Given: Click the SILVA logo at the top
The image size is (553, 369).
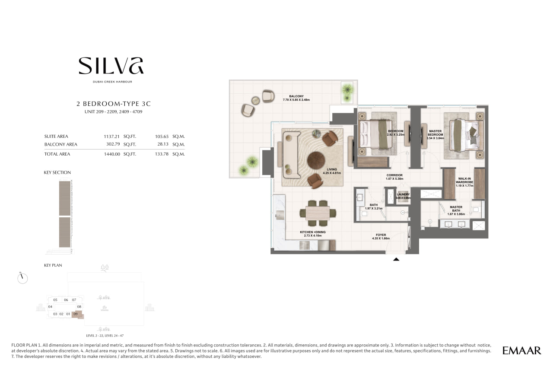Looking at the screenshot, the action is click(x=111, y=66).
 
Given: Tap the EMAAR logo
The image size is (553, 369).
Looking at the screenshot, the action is click(x=521, y=351).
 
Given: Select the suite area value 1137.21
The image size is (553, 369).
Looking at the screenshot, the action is click(x=111, y=137).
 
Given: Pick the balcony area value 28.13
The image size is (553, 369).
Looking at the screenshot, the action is click(x=163, y=144).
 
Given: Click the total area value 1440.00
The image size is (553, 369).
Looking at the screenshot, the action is click(x=112, y=154).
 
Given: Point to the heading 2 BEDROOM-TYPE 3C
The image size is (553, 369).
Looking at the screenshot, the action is click(x=114, y=104).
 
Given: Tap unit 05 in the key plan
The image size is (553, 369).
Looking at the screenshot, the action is click(x=55, y=300).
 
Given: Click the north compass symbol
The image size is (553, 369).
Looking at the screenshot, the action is click(x=22, y=278).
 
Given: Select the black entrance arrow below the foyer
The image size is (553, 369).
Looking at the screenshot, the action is click(x=396, y=259).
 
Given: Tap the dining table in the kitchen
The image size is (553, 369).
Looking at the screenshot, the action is click(x=318, y=213).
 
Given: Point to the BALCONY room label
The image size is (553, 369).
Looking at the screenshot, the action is click(x=296, y=96).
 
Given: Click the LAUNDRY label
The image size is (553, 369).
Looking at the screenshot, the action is click(x=403, y=194).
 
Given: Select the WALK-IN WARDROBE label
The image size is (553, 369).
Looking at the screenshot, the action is click(x=464, y=180).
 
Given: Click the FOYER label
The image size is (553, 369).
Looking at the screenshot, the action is click(x=381, y=235).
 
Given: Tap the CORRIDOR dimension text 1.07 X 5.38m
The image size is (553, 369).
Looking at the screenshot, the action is click(x=394, y=178).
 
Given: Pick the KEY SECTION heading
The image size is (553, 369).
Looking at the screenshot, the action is click(x=57, y=172).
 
